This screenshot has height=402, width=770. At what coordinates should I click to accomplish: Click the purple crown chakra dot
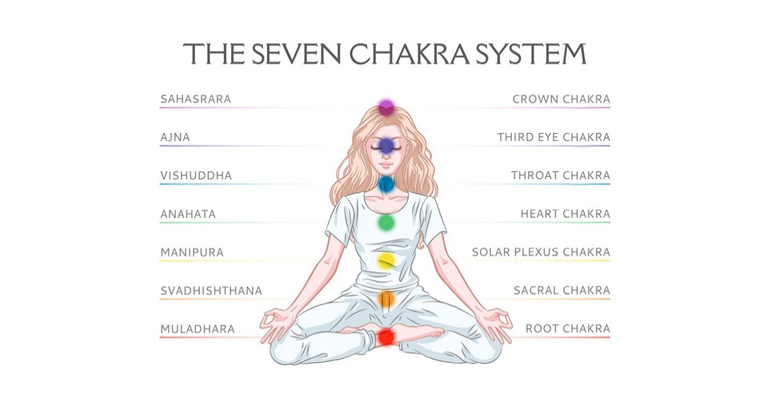point(386,107)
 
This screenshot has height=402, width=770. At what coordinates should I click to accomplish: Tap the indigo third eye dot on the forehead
point(386,146)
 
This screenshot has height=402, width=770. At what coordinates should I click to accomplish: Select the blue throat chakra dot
point(386,185)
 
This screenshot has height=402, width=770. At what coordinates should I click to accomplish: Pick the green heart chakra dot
point(386,222)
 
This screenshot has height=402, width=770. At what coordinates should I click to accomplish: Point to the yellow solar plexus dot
point(386,261)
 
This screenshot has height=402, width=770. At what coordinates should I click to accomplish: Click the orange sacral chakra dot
point(386,299)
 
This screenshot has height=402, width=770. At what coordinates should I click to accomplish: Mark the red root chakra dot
point(386,337)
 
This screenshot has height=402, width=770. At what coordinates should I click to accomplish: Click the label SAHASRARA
point(196,99)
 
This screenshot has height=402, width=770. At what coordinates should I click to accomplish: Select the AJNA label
point(175,137)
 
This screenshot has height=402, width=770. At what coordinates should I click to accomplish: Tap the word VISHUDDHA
point(196,176)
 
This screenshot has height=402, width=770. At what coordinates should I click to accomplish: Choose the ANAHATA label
point(188,214)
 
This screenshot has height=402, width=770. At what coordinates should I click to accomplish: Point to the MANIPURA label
point(192,253)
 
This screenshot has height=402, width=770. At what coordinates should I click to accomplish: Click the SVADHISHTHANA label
point(211,291)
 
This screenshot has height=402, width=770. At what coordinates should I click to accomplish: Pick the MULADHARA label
point(198,329)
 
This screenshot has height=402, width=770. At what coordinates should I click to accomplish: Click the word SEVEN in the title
point(296,54)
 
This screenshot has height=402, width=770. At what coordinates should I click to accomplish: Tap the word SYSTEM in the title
point(531,54)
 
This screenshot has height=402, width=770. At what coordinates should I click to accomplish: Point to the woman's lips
point(386,165)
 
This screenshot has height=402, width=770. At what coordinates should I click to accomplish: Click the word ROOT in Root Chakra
point(542,329)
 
